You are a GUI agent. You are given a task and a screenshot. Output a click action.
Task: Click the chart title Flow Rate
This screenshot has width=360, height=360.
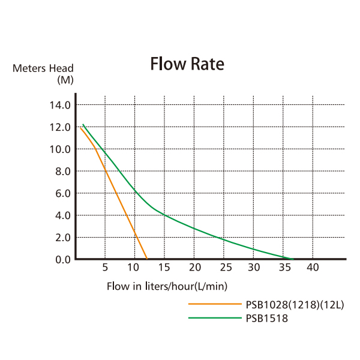[187, 64]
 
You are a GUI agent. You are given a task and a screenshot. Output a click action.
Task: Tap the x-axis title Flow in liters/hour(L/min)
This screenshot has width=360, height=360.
[167, 286]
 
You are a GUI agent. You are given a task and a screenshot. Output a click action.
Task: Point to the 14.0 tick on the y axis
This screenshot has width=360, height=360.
[59, 105]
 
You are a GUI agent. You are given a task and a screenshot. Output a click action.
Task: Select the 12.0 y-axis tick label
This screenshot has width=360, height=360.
[59, 127]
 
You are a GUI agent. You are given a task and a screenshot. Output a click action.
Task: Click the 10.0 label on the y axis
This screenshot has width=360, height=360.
[59, 149]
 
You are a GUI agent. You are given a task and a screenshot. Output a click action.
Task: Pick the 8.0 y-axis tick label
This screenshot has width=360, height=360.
[62, 172]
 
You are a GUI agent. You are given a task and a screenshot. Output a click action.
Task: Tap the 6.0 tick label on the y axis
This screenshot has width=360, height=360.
[62, 193]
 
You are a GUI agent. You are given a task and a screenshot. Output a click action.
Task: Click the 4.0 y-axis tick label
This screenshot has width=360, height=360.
[62, 215]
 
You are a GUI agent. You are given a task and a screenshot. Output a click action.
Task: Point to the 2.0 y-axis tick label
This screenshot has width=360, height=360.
[62, 238]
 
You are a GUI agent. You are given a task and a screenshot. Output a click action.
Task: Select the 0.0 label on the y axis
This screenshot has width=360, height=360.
[62, 260]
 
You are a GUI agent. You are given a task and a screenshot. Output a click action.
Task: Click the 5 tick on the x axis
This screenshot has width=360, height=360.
[105, 268]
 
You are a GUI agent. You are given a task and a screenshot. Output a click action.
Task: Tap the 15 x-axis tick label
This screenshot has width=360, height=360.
[164, 268]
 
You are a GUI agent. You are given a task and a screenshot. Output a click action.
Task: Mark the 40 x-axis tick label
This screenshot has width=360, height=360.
[312, 268]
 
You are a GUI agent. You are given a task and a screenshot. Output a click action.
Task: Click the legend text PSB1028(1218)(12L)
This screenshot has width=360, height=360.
[295, 305]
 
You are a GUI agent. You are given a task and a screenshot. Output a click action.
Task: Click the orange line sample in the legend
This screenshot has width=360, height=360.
[214, 305]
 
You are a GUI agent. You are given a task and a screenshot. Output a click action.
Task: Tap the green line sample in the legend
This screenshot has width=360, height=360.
[214, 318]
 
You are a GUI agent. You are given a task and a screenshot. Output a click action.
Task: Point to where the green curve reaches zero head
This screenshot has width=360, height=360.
[292, 259]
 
